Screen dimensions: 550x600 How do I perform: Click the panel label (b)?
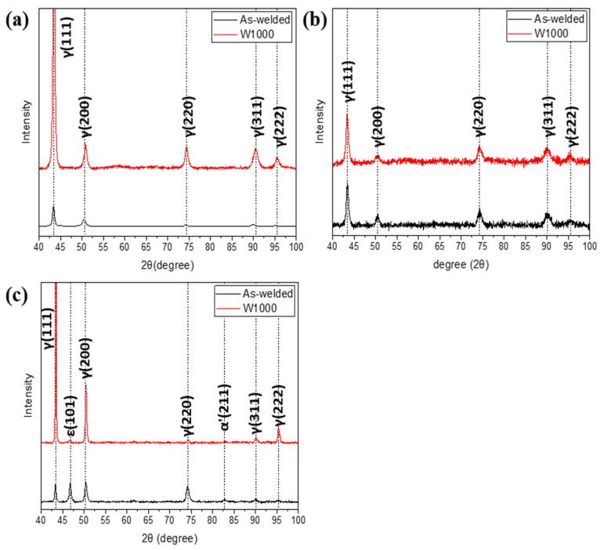[x=320, y=19]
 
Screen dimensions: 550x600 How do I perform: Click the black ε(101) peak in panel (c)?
[x=70, y=487]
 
